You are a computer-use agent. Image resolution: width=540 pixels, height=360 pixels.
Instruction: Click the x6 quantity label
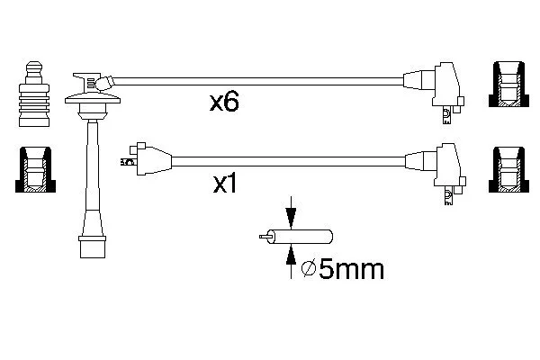click(224, 102)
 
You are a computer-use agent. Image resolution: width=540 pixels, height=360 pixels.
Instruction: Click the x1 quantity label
click(225, 184)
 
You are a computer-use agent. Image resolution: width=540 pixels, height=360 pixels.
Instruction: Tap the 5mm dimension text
click(351, 269)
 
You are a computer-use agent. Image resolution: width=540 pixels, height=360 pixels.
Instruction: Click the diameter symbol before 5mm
click(308, 269)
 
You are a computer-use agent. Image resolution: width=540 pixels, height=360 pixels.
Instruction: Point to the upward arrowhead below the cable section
click(292, 256)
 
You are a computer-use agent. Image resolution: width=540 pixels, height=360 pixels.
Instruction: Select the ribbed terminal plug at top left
click(34, 94)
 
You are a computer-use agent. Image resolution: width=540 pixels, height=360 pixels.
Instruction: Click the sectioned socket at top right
click(508, 85)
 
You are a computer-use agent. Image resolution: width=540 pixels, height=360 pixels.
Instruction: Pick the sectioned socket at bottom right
click(508, 169)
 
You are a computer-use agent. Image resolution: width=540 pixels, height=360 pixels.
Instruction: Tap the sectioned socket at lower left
click(35, 169)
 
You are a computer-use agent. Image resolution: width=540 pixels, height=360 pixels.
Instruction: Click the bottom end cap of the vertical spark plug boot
click(93, 247)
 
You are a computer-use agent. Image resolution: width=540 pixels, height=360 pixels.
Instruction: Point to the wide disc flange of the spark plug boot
click(93, 98)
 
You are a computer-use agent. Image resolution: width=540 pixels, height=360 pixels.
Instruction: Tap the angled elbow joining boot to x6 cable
click(105, 83)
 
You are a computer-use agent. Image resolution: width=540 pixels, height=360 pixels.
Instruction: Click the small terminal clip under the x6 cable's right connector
click(446, 114)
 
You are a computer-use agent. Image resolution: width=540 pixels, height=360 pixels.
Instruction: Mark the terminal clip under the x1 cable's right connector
click(448, 196)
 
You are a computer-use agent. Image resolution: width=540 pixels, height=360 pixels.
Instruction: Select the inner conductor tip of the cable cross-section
click(264, 237)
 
